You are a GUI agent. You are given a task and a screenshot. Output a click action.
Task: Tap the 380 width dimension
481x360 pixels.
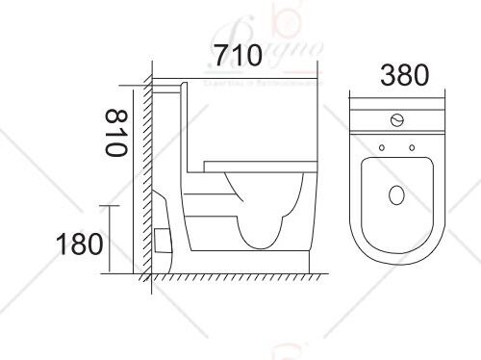click(395, 74)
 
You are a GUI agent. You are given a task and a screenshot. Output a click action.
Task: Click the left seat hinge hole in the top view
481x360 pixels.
click(382, 148)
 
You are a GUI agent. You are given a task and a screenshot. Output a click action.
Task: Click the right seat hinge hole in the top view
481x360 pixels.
click(412, 148)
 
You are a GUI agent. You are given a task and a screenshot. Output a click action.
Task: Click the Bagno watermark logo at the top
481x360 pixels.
click(289, 43)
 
